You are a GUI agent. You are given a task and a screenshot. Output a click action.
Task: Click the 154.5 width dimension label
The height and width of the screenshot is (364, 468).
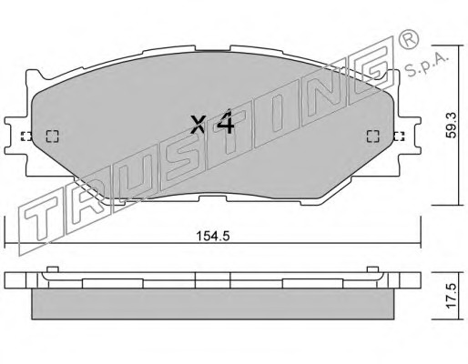(x=213, y=236)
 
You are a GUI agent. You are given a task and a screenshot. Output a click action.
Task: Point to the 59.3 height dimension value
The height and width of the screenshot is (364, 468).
(x=452, y=125)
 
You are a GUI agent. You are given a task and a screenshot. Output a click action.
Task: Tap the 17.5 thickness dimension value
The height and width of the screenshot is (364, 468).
(x=452, y=296)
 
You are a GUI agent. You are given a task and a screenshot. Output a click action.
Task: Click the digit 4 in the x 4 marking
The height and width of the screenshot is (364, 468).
(x=225, y=122)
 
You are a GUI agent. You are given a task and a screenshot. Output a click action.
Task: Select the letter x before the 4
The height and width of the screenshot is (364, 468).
(x=198, y=125)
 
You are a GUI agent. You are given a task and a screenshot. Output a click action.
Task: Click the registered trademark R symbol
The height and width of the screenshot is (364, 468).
(x=409, y=39)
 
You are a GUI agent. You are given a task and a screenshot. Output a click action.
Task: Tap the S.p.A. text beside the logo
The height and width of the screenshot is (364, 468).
(x=426, y=65)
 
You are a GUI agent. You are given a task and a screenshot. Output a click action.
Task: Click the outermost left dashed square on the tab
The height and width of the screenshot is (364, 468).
(x=26, y=136)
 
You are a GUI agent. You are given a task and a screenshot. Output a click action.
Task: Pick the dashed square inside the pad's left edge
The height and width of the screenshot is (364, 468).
(x=52, y=136)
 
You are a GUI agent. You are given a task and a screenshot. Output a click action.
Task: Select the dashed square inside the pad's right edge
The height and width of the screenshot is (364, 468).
(x=373, y=136)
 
